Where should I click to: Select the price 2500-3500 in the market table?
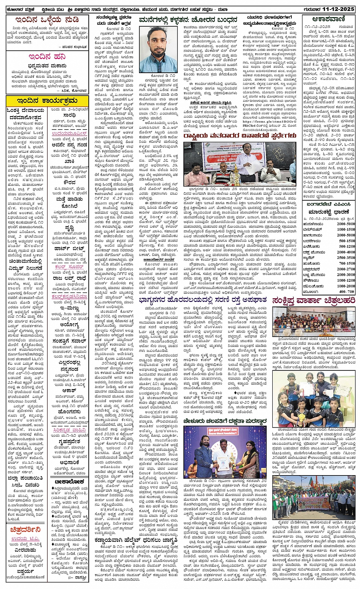click(x=346, y=258)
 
